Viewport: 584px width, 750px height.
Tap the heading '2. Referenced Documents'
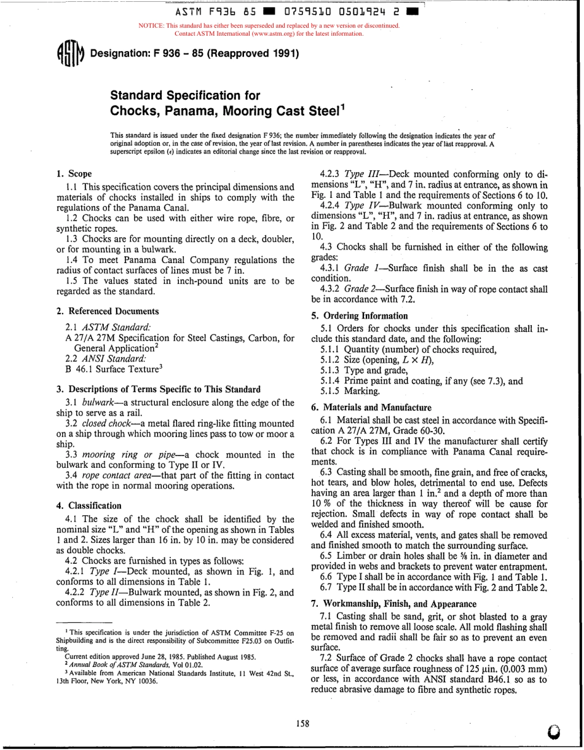(108, 311)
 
